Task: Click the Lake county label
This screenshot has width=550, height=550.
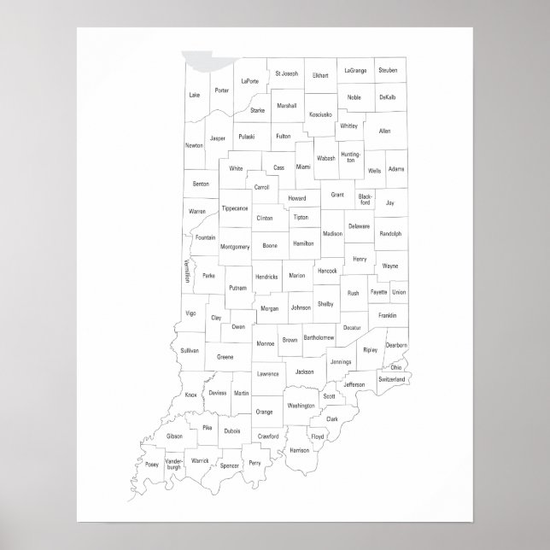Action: pos(195,95)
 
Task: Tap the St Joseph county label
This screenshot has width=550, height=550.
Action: pos(287,73)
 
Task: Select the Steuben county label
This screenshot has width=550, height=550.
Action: pos(388,70)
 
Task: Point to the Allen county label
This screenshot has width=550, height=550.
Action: pos(384,131)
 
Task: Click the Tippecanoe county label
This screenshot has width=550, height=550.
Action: pos(235,208)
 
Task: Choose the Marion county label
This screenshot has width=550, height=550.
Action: pos(297,276)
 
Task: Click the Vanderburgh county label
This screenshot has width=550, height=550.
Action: pos(173,465)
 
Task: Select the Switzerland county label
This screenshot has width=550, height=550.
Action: pos(391,378)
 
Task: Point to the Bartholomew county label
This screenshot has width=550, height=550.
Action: pos(319,337)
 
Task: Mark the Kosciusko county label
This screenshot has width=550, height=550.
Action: pos(320,114)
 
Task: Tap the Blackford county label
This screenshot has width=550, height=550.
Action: pos(365,200)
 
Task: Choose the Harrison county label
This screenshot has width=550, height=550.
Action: pos(300,449)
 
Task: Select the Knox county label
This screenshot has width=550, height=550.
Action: pos(191,395)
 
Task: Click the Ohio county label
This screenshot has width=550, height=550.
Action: pos(395,367)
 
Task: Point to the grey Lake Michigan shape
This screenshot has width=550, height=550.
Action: pos(209,60)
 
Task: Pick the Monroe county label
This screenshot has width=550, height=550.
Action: pos(266,343)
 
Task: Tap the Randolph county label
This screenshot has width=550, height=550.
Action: pos(390,233)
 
